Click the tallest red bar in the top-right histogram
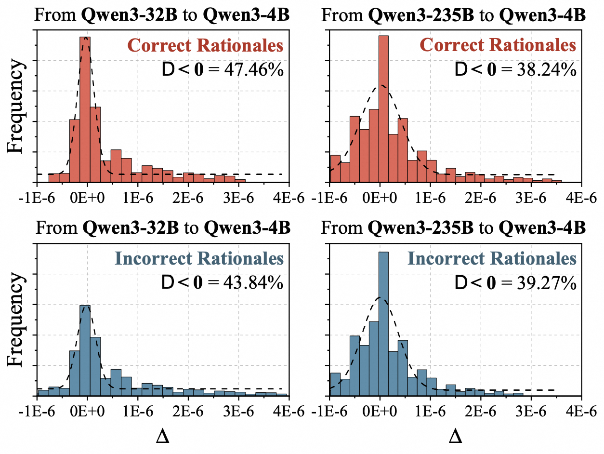point(384,111)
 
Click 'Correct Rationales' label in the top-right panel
point(498,45)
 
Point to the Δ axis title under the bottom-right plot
point(455,437)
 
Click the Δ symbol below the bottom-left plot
point(163,437)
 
